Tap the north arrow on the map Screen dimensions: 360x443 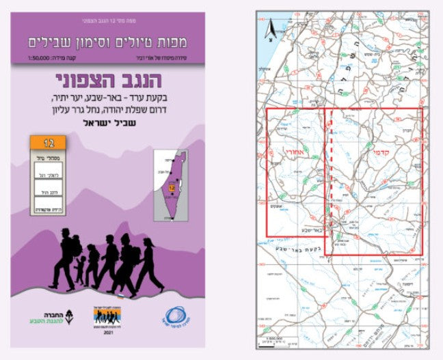click(x=270, y=28)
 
